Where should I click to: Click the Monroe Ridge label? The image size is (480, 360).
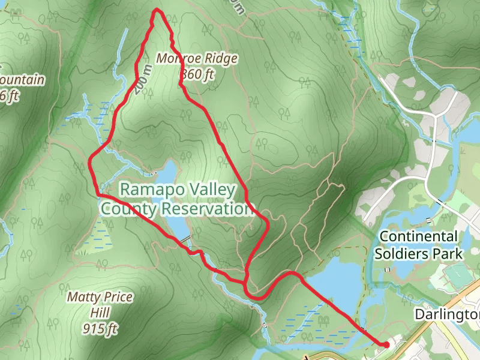point(197,59)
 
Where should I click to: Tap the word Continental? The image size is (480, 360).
point(418,236)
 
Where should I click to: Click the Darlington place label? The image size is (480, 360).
point(447,314)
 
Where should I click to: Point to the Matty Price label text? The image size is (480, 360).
point(100,297)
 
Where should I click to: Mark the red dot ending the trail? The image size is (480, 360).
point(386,344)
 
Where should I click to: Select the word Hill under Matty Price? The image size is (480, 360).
point(100,313)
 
